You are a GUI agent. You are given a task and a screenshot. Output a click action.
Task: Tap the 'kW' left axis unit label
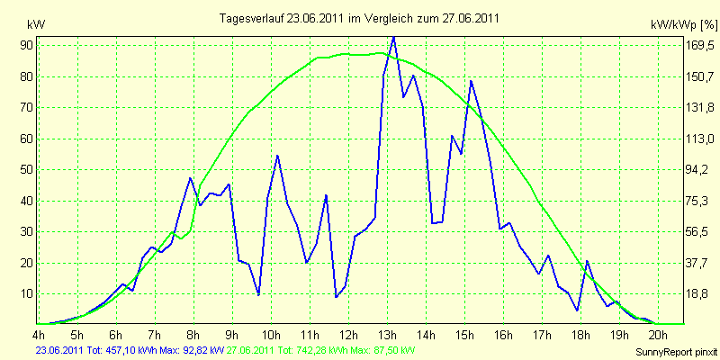pyautogui.click(x=36, y=25)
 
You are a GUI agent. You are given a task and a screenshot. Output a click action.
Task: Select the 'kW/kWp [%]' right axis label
pyautogui.click(x=683, y=25)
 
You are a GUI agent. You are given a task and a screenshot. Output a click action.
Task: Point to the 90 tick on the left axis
pyautogui.click(x=25, y=45)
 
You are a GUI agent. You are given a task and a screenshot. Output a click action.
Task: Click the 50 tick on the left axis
pyautogui.click(x=25, y=170)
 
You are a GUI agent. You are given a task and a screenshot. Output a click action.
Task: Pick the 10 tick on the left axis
pyautogui.click(x=25, y=294)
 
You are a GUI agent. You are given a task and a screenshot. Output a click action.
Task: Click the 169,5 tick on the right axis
pyautogui.click(x=699, y=46)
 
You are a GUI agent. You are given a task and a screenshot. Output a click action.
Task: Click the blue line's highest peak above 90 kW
pyautogui.click(x=393, y=37)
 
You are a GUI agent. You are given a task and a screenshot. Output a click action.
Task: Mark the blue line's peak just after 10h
pyautogui.click(x=277, y=156)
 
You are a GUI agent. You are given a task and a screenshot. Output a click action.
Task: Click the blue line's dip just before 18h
pyautogui.click(x=577, y=310)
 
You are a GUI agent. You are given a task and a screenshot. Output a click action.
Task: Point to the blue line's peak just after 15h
pyautogui.click(x=471, y=81)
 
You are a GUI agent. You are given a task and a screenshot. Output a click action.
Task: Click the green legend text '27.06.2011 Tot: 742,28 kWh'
pyautogui.click(x=283, y=351)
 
